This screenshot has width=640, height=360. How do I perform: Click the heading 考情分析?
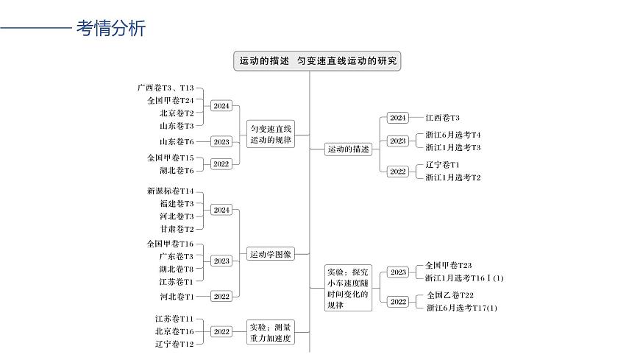[x=111, y=29]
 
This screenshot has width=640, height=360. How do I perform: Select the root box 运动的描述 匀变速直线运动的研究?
[x=319, y=61]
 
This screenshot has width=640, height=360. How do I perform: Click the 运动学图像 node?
[x=271, y=254]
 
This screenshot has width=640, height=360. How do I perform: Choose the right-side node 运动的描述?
[x=348, y=149]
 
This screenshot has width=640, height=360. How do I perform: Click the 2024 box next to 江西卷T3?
[x=398, y=118]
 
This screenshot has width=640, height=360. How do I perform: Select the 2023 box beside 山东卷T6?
[x=221, y=141]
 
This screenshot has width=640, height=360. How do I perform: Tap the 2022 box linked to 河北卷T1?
[x=221, y=296]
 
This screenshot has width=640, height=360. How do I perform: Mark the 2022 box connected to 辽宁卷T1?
[x=398, y=171]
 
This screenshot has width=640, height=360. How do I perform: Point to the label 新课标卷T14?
[x=170, y=191]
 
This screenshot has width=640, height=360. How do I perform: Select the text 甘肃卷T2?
[x=177, y=229]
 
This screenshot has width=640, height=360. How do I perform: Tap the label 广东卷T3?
[x=176, y=256]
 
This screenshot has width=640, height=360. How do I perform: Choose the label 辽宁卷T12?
[x=174, y=344]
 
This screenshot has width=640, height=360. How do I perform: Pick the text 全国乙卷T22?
[x=450, y=295]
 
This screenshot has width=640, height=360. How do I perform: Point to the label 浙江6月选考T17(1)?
[x=462, y=308]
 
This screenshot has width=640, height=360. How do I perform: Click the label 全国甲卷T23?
[x=449, y=265]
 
